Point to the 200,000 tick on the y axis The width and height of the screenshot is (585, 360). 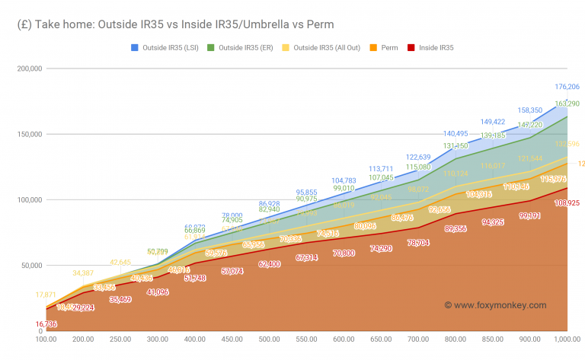[28, 68]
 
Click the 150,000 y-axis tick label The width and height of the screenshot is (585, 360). [28, 134]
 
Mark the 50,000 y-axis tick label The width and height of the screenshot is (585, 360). [30, 266]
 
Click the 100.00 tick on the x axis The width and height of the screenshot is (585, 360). [45, 339]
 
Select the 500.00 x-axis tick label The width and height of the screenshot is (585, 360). [269, 339]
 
